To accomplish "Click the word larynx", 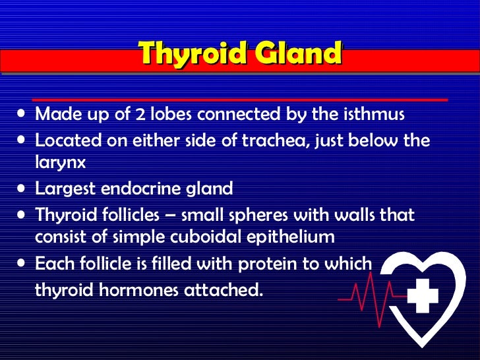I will [x=60, y=162].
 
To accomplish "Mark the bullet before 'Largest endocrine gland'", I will [x=22, y=190].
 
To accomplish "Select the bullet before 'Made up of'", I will [x=22, y=115].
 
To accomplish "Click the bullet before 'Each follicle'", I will [x=22, y=264].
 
